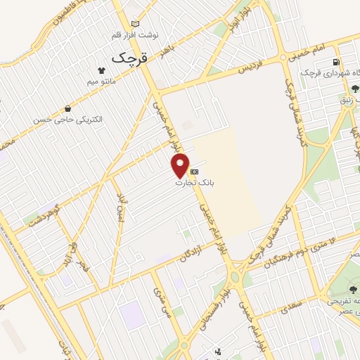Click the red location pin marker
[x=181, y=165]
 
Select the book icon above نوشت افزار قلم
[x=136, y=23]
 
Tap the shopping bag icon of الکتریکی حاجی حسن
[x=67, y=108]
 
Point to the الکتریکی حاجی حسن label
[x=67, y=120]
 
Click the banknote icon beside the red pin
[x=195, y=172]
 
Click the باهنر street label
[x=166, y=47]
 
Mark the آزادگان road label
[x=191, y=251]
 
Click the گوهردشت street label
[x=44, y=217]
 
